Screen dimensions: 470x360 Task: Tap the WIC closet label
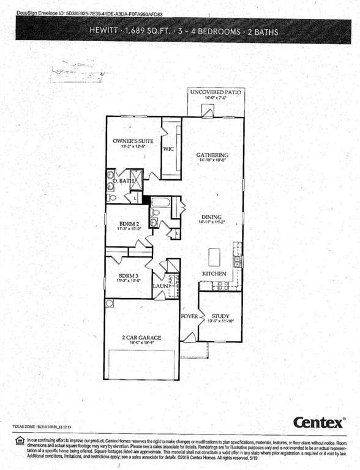[x=170, y=149]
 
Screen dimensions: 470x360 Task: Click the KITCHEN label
[x=214, y=273]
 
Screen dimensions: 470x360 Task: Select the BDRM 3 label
[x=129, y=276]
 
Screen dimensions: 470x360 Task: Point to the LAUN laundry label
[x=160, y=286]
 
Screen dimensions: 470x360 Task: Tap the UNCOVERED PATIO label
[x=216, y=92]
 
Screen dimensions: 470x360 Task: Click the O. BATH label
[x=126, y=181]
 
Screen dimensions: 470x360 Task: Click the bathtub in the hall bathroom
[x=160, y=202]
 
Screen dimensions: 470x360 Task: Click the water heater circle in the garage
[x=110, y=304]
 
